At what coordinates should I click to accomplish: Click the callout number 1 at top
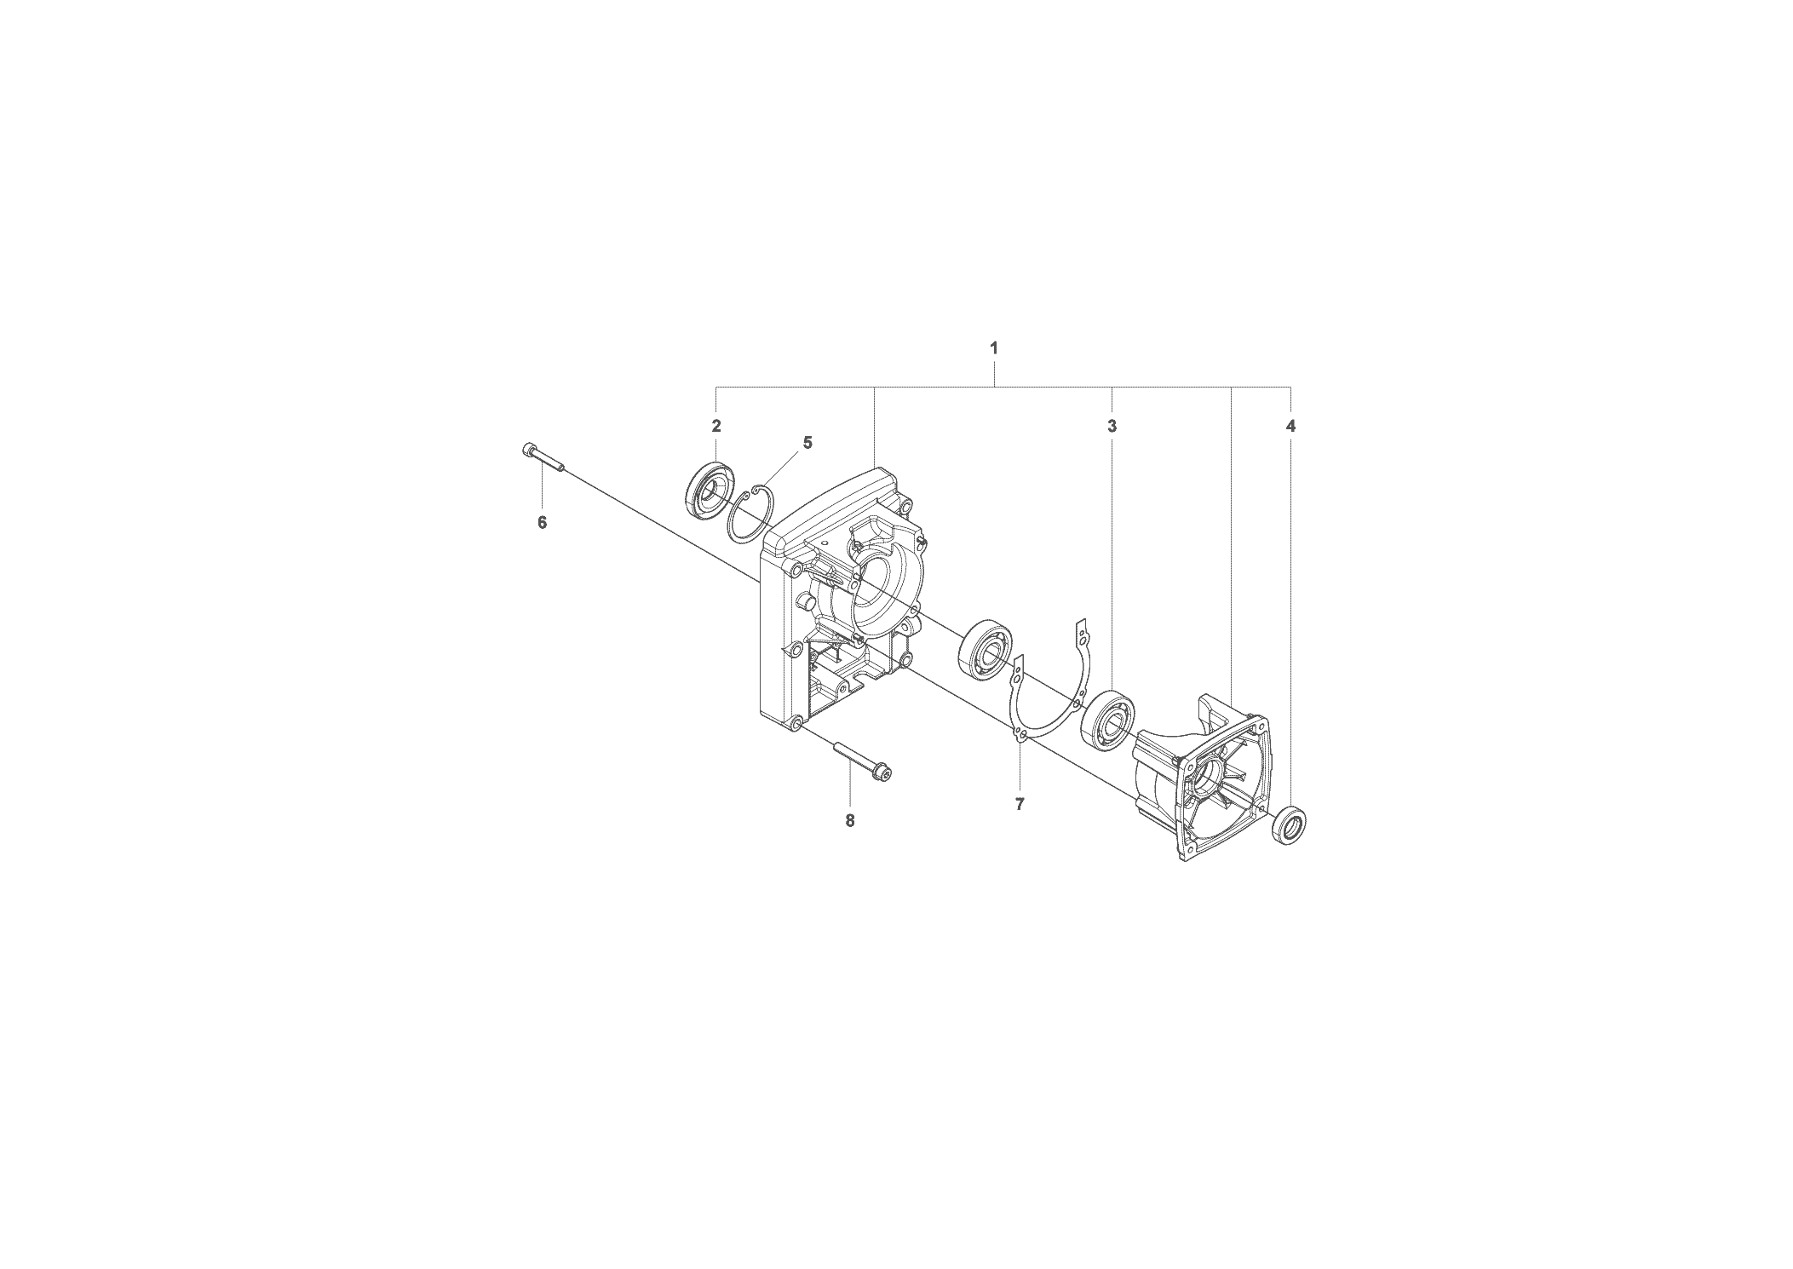point(993,347)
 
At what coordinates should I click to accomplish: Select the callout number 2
point(716,426)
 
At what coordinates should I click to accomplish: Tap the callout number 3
point(1112,426)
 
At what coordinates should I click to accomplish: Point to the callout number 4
point(1290,426)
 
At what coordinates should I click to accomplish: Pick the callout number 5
point(807,443)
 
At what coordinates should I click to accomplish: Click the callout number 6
point(542,522)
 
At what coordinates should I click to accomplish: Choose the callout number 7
point(1020,803)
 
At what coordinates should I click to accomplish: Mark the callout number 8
point(849,820)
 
